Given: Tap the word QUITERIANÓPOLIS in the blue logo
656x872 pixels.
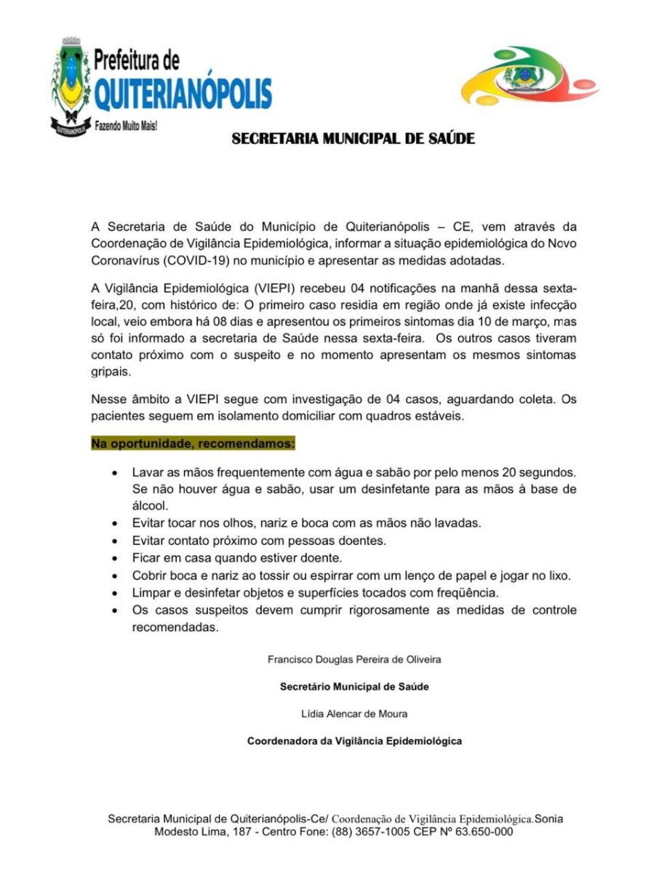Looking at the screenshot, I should coord(183,94).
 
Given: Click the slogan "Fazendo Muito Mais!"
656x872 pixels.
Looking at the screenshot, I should coord(127,126).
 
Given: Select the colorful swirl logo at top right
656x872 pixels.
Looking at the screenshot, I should coord(519,77).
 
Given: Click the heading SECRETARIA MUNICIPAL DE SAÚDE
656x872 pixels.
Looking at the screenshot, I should coord(353,138).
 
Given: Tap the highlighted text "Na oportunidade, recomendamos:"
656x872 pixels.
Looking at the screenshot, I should coord(193,443).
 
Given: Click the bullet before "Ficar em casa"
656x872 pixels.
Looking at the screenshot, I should coord(115,559).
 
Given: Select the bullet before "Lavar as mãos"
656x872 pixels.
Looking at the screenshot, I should coord(115,473).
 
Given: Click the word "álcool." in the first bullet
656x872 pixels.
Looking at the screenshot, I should coord(151,506).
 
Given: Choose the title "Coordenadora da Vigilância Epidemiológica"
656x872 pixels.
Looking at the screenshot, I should coord(354,741).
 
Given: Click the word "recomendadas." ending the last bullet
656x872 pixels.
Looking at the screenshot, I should coord(175,628).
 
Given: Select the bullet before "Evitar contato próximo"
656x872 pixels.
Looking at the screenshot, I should coord(115,541).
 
